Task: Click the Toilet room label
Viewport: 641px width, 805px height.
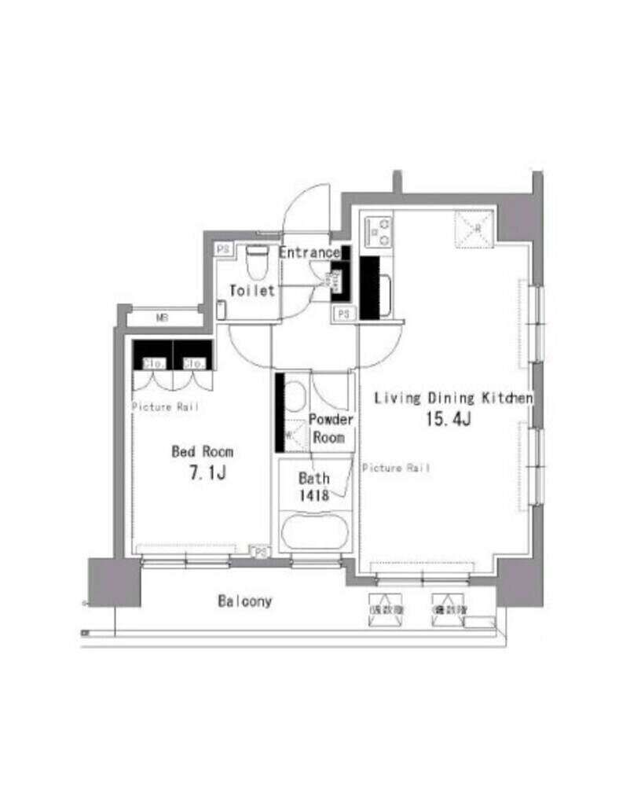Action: [x=251, y=291]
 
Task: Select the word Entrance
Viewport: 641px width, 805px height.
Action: [x=310, y=253]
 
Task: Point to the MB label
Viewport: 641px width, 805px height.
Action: [x=162, y=318]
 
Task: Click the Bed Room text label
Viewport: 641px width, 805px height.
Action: [x=203, y=452]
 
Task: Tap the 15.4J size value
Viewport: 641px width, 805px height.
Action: [x=448, y=419]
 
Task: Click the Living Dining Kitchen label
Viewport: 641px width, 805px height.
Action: [x=453, y=398]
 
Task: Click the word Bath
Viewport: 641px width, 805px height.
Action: [x=313, y=478]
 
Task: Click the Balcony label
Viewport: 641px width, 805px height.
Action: [x=244, y=601]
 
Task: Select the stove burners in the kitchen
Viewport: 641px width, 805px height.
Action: [x=379, y=231]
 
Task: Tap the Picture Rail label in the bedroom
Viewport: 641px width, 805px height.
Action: [x=165, y=406]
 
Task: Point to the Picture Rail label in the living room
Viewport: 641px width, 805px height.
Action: [x=396, y=469]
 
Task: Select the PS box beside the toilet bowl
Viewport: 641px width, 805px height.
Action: [x=224, y=249]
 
